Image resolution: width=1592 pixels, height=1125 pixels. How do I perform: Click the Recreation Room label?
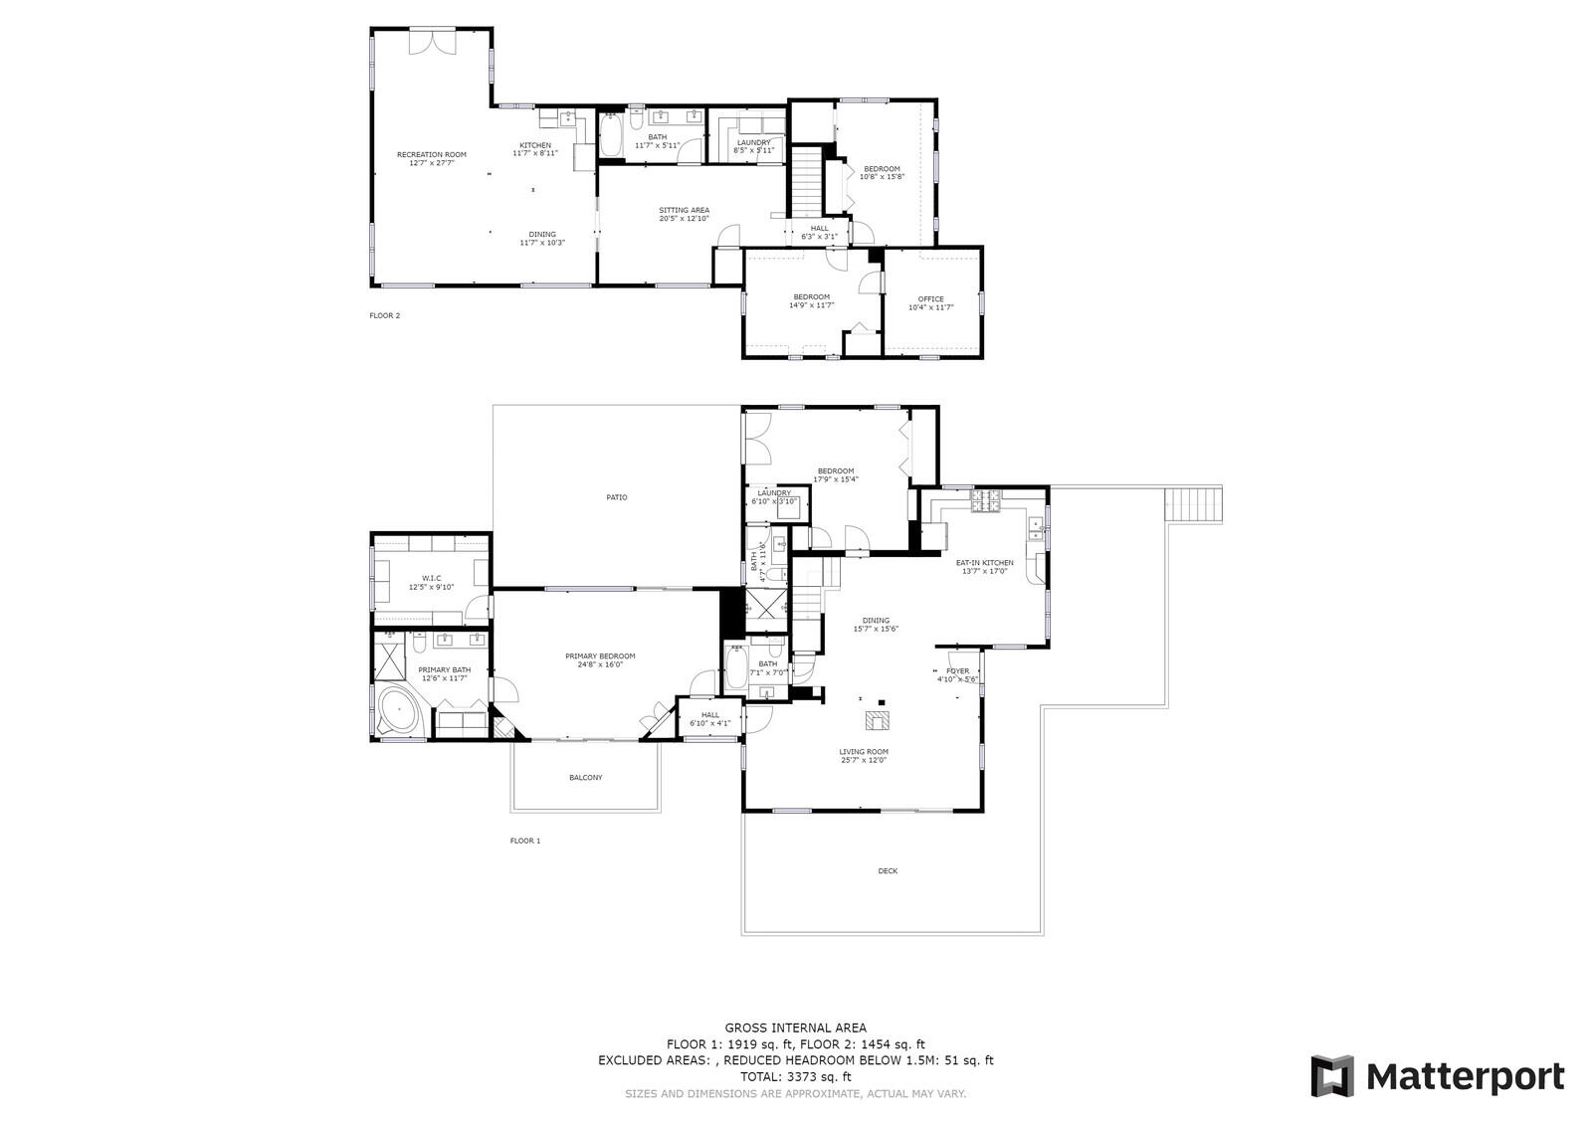click(x=431, y=158)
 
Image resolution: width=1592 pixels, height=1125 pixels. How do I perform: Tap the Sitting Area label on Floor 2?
click(x=684, y=214)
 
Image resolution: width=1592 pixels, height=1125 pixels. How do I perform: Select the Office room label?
click(x=930, y=302)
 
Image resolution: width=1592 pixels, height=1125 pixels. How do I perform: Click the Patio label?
click(x=617, y=497)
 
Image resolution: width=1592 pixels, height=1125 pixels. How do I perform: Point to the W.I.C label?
click(x=431, y=582)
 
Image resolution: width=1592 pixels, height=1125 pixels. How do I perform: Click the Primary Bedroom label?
click(x=600, y=660)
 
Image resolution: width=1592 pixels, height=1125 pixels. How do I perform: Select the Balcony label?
click(x=585, y=778)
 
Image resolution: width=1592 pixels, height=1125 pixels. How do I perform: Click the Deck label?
click(x=888, y=871)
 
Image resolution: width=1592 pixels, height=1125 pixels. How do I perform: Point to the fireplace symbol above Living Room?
click(x=877, y=719)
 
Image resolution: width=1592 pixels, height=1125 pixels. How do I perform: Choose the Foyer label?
click(x=957, y=675)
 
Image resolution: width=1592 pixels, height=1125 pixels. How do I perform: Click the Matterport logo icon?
click(x=1331, y=1076)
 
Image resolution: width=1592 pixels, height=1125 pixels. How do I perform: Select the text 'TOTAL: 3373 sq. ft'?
click(x=795, y=1076)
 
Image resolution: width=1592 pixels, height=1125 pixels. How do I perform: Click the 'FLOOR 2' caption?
click(x=384, y=316)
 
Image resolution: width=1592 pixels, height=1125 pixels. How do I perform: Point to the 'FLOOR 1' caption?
click(x=524, y=842)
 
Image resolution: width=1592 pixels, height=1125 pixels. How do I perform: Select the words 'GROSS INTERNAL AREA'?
click(x=795, y=1029)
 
